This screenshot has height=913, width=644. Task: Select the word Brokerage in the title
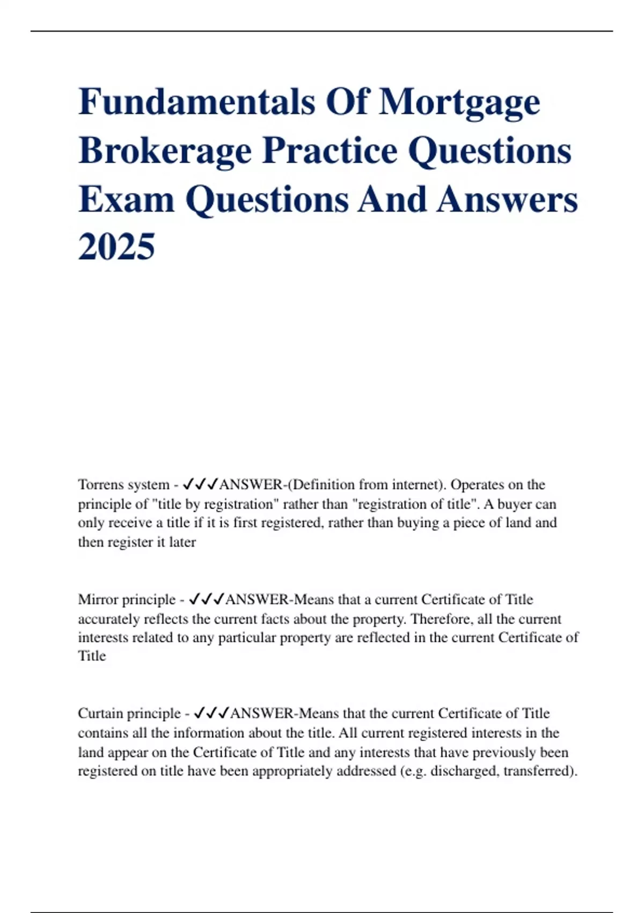[x=165, y=151]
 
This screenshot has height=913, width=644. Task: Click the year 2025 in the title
[x=116, y=247]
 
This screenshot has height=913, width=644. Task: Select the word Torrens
[x=101, y=484]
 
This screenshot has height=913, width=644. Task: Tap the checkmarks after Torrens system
[x=200, y=484]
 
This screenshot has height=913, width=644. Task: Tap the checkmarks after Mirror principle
[x=207, y=599]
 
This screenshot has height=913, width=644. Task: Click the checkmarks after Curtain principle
[x=210, y=713]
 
